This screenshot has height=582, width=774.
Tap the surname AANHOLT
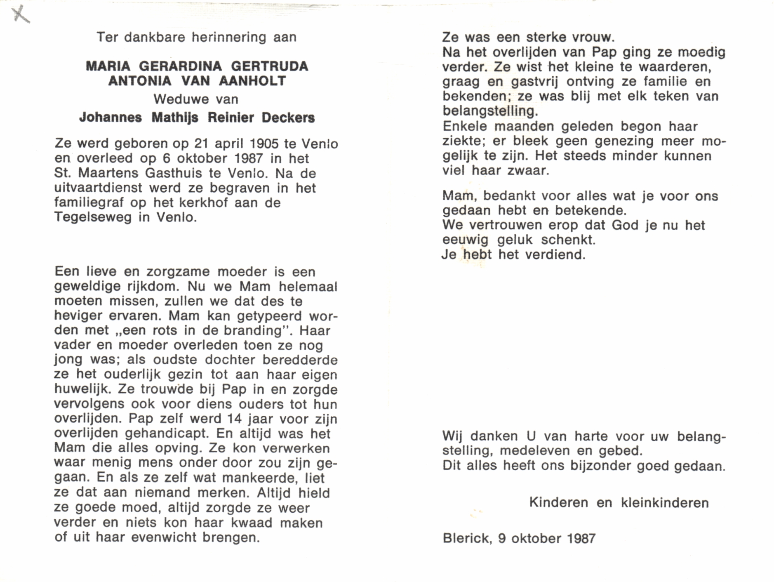coord(252,81)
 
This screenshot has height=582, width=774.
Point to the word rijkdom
coord(151,286)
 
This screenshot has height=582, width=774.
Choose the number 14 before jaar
coord(235,419)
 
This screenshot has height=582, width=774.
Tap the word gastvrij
coord(534,82)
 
